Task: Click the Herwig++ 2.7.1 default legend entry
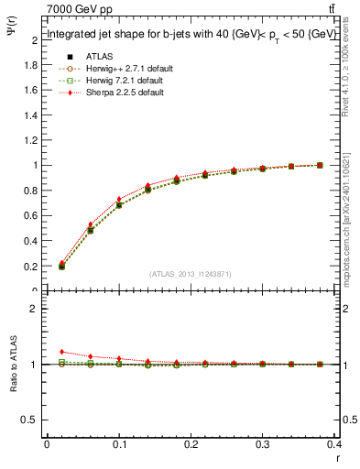(112, 68)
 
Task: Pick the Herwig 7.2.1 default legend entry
(110, 80)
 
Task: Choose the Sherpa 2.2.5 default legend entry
(110, 92)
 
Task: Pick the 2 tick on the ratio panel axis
(35, 309)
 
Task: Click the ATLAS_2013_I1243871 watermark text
(191, 274)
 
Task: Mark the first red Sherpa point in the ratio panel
(61, 352)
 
